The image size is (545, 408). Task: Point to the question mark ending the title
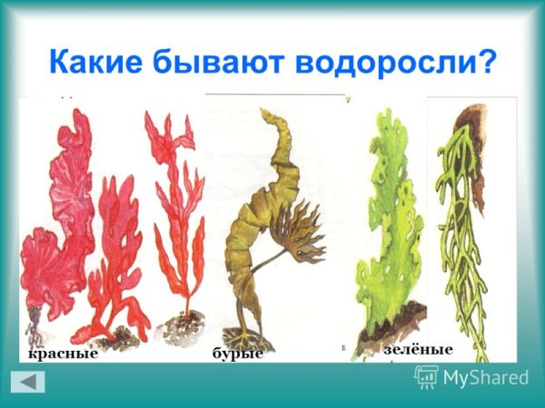click(487, 62)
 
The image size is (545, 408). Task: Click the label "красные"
click(62, 353)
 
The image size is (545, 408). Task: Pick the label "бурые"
click(237, 353)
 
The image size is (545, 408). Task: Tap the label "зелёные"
click(418, 349)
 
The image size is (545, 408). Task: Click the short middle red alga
click(114, 254)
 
